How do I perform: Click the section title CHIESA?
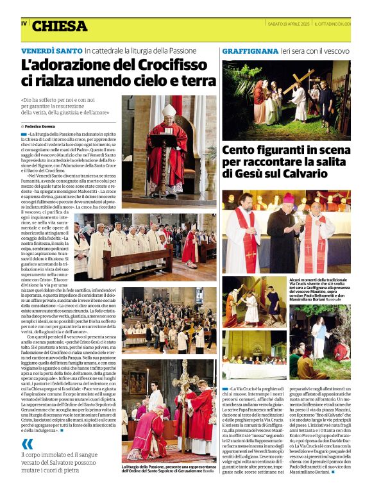[x=59, y=26]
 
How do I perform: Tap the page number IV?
[x=24, y=23]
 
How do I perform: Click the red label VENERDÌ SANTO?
[x=51, y=50]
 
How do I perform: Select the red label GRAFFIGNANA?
[x=250, y=50]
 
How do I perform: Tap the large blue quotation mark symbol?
[x=27, y=444]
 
